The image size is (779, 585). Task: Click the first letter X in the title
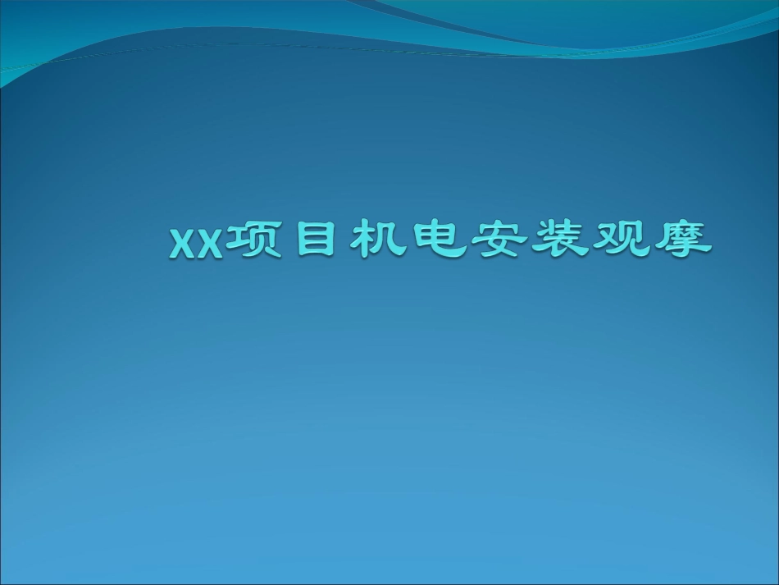182,244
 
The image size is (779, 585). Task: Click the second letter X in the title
209,244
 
